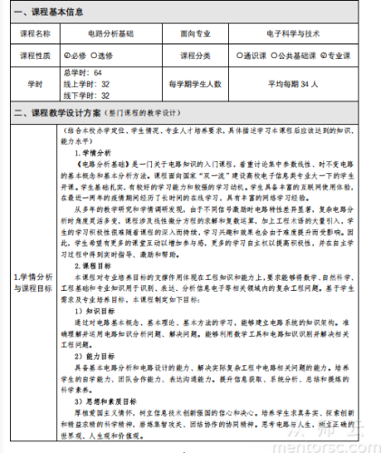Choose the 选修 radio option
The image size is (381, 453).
tap(111, 55)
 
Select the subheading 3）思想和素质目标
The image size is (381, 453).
tap(107, 374)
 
